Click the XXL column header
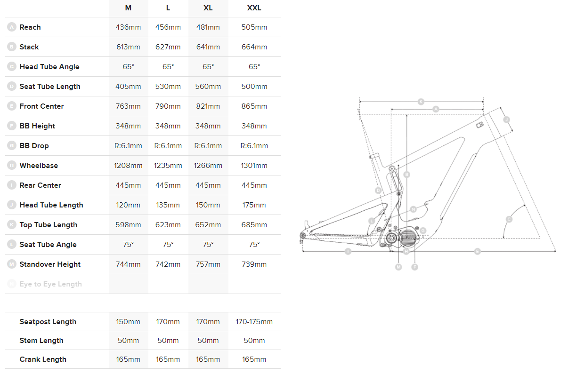point(254,8)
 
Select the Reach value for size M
point(128,27)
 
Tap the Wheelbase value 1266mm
point(208,166)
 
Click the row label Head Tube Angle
point(49,67)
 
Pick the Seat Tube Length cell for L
point(168,87)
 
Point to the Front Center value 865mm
point(254,106)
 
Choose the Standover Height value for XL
point(208,264)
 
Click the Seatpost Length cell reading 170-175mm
point(254,322)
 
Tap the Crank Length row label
point(43,359)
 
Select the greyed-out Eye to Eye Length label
point(50,284)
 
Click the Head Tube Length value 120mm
point(128,205)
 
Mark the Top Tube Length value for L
point(168,225)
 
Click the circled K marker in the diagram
point(421,101)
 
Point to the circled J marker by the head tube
point(507,119)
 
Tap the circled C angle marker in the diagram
point(509,219)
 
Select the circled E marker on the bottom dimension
point(477,252)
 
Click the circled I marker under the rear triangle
point(348,252)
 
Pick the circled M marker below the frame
point(398,267)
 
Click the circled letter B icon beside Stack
point(12,47)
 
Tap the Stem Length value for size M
point(128,341)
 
